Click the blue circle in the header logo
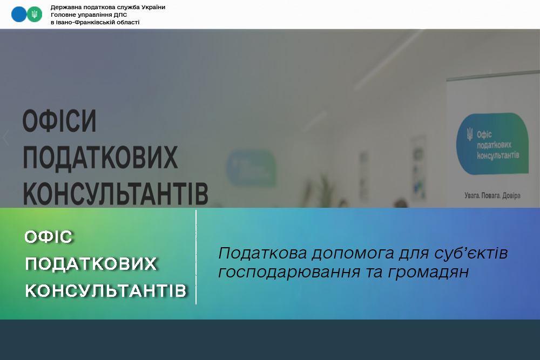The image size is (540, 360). [x=18, y=15]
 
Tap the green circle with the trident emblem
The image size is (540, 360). [x=35, y=15]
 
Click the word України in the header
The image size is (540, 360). [x=153, y=7]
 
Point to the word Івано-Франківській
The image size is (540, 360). [x=83, y=22]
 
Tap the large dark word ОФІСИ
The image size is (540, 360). [x=59, y=121]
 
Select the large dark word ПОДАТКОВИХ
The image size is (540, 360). [x=100, y=157]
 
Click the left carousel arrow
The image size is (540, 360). [x=6, y=137]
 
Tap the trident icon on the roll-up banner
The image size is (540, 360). [x=470, y=134]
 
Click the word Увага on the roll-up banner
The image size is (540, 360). [x=472, y=196]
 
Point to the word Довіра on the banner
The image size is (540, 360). [x=511, y=195]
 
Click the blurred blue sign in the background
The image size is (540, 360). [x=251, y=168]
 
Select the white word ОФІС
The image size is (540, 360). [x=49, y=237]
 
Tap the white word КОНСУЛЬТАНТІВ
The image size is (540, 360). [x=106, y=291]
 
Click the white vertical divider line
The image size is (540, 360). [x=196, y=257]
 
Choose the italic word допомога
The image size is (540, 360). [x=353, y=253]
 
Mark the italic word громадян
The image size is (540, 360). [x=428, y=272]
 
